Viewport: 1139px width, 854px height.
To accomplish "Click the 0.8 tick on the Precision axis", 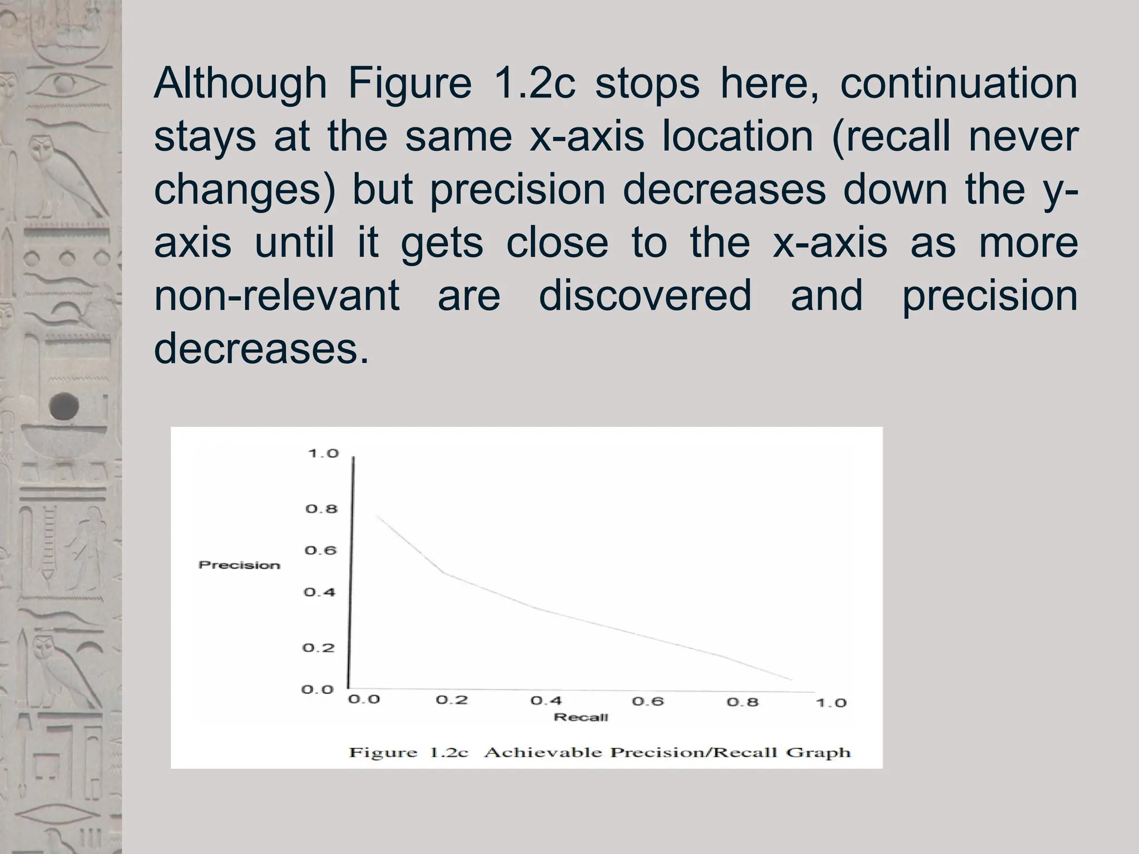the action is click(x=321, y=509).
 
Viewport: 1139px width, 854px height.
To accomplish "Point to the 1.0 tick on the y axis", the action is click(x=323, y=454).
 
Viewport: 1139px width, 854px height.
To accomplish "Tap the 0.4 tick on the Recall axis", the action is click(x=546, y=701).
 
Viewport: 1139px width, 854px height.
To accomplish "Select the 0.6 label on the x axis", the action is click(x=648, y=701).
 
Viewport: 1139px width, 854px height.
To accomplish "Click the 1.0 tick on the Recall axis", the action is click(x=831, y=703).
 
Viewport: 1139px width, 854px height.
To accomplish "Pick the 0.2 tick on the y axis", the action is click(x=319, y=648).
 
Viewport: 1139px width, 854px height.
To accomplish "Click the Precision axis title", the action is click(x=239, y=565).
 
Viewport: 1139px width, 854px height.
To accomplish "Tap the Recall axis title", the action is click(x=581, y=717).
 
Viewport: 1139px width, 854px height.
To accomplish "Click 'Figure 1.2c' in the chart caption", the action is click(x=408, y=753).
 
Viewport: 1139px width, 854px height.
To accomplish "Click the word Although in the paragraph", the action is click(x=240, y=83).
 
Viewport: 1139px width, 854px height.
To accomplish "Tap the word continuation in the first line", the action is click(x=958, y=83).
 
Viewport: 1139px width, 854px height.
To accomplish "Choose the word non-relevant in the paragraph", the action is click(x=276, y=295).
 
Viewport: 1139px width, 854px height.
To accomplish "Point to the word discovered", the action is click(x=645, y=295).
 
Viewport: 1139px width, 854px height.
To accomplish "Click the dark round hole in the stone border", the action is click(x=64, y=406).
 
